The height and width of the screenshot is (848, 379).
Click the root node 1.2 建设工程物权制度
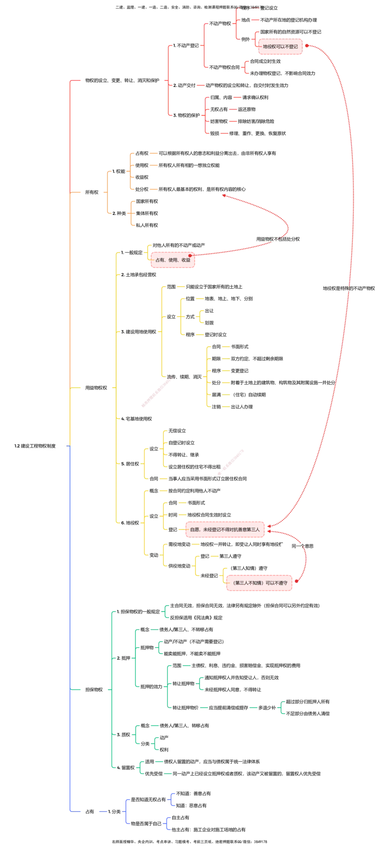[36, 446]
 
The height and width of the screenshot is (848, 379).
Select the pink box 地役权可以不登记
[280, 47]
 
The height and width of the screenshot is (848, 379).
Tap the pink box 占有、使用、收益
[172, 260]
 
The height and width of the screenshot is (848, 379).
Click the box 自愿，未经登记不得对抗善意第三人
[224, 530]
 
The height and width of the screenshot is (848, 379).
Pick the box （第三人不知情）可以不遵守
[259, 583]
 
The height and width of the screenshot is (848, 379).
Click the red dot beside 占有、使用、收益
[190, 255]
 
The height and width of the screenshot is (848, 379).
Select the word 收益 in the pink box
[186, 260]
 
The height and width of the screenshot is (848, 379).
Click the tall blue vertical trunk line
[70, 616]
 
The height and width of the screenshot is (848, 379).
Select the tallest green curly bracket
[112, 689]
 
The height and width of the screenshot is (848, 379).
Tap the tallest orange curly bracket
[108, 193]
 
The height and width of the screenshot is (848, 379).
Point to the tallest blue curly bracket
[126, 811]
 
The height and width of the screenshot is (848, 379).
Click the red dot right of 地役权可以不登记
[306, 45]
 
